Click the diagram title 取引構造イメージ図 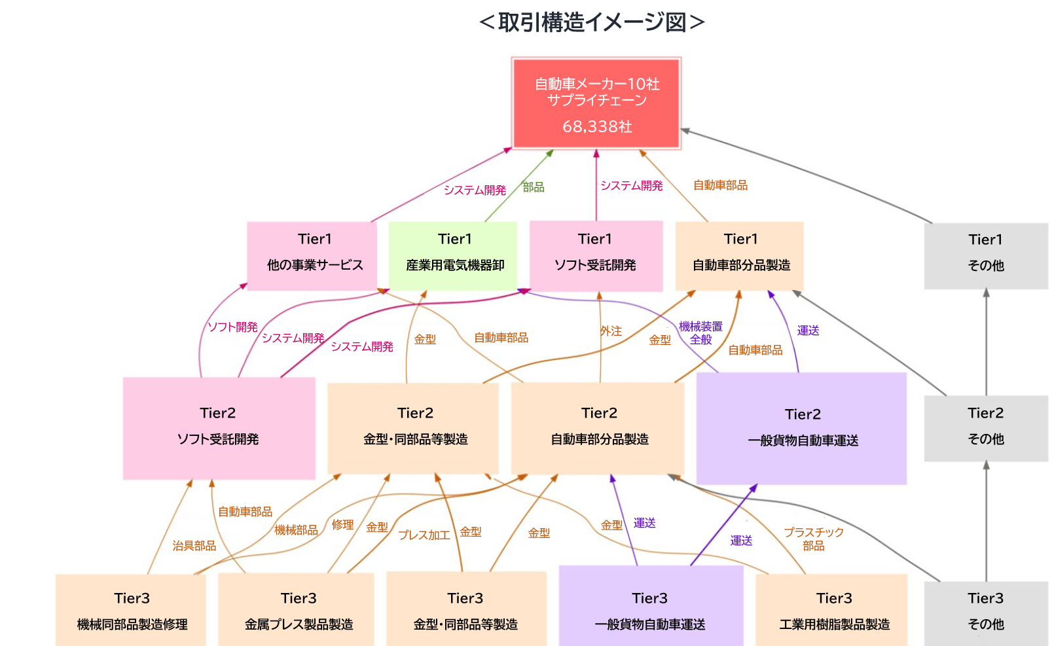[x=592, y=22]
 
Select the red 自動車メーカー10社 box [x=596, y=103]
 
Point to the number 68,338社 [x=597, y=126]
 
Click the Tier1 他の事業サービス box [x=312, y=257]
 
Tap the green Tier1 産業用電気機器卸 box [x=453, y=257]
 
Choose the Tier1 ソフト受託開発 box [x=596, y=257]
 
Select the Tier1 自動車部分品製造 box [x=740, y=257]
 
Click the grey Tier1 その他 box [x=987, y=257]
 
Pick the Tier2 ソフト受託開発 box [x=219, y=429]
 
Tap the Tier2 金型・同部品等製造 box [x=413, y=429]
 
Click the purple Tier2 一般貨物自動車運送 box [x=802, y=429]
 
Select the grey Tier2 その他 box [x=987, y=429]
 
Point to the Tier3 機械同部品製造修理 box [x=131, y=610]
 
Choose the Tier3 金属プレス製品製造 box [x=297, y=610]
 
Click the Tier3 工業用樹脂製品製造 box [x=832, y=610]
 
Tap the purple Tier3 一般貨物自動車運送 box [x=651, y=606]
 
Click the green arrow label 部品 [x=534, y=187]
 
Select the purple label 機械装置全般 [x=700, y=333]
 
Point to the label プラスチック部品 [x=814, y=539]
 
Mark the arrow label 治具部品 [x=194, y=545]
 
